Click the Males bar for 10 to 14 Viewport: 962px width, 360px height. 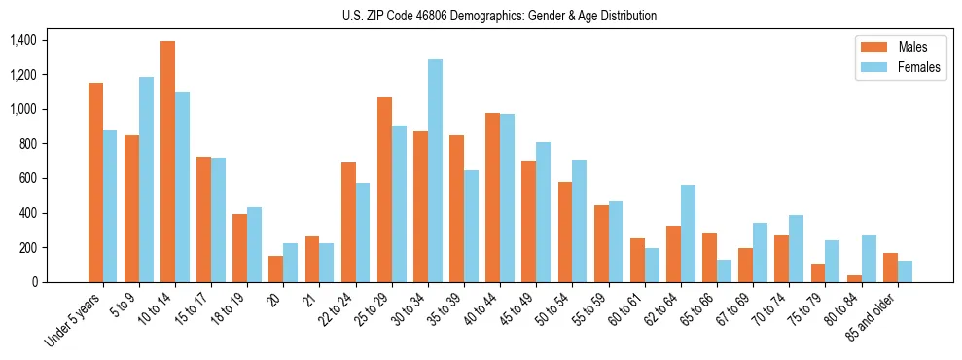pos(167,162)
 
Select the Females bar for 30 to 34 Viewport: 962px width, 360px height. pos(435,171)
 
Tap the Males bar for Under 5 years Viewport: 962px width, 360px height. pos(95,183)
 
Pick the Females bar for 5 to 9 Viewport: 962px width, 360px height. pos(146,180)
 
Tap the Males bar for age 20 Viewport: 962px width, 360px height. pos(276,269)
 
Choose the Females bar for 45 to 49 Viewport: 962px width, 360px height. pos(543,212)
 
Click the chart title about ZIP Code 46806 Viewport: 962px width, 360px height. pos(499,16)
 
